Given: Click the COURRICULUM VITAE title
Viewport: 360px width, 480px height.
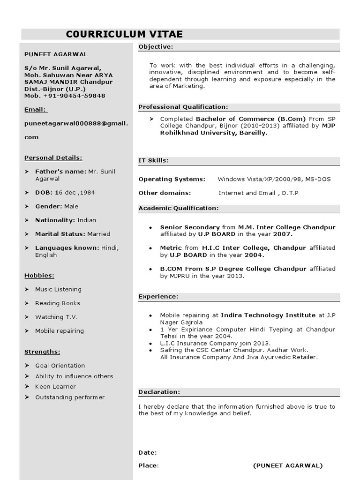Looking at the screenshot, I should click(x=124, y=34).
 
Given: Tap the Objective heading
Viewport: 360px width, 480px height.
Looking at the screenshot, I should click(x=156, y=46).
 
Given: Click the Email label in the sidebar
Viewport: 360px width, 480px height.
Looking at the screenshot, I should click(x=36, y=110).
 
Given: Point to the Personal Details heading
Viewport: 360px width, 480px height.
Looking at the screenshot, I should click(x=53, y=158).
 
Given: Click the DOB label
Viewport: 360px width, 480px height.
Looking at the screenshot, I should click(x=44, y=193).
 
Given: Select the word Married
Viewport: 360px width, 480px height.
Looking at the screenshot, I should click(x=98, y=234).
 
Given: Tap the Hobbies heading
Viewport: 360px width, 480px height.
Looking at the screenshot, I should click(x=39, y=276).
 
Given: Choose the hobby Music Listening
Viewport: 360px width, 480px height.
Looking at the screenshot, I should click(x=58, y=290).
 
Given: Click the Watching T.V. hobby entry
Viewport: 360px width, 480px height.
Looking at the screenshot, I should click(x=56, y=317).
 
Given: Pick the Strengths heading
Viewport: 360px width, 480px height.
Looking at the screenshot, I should click(x=42, y=352).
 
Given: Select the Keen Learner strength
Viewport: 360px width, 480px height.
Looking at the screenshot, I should click(x=55, y=387).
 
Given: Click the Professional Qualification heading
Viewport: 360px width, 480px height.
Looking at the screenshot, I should click(x=183, y=107).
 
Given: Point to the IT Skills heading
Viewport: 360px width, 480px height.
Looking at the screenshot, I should click(x=153, y=160).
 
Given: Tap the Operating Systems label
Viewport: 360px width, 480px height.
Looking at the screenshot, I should click(x=172, y=179).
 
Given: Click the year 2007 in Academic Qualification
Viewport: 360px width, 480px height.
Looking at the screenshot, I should click(x=283, y=233).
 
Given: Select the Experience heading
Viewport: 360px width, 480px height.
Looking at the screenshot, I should click(x=158, y=297).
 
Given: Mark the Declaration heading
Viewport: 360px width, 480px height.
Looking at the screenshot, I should click(x=159, y=392).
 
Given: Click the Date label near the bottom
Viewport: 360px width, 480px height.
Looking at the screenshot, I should click(x=148, y=453).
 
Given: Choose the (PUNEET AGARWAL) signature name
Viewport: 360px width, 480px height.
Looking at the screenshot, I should click(x=288, y=465).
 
